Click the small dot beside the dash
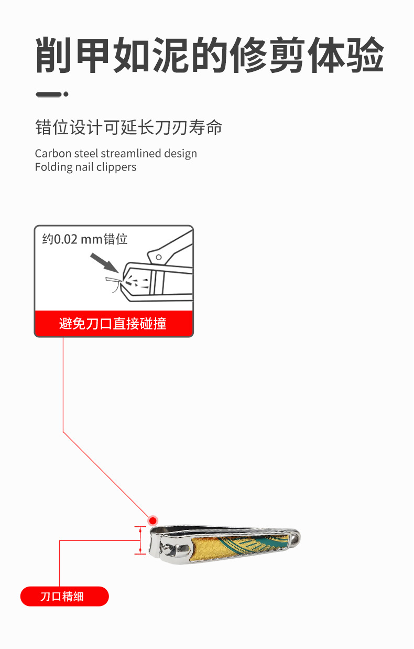click(66, 94)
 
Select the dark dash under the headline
click(48, 94)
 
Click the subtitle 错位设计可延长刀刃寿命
click(128, 127)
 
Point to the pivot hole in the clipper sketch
click(158, 257)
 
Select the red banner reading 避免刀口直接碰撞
click(113, 323)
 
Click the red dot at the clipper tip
click(153, 520)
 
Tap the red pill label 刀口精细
click(64, 597)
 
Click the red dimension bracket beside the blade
click(140, 540)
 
